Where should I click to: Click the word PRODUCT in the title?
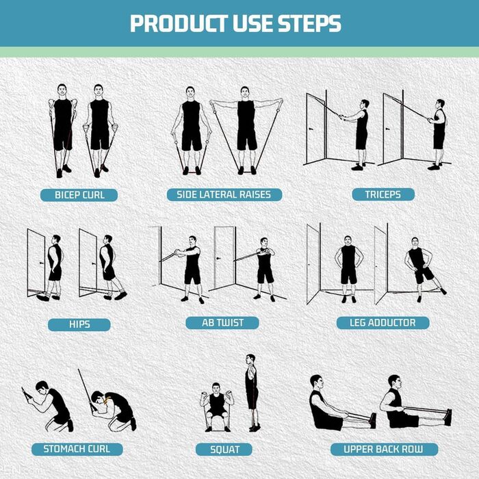pyautogui.click(x=179, y=23)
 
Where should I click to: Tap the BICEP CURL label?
pyautogui.click(x=79, y=195)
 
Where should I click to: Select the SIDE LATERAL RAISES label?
pyautogui.click(x=224, y=194)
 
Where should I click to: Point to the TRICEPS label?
pyautogui.click(x=383, y=194)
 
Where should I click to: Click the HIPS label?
pyautogui.click(x=79, y=324)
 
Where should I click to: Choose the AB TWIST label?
pyautogui.click(x=222, y=323)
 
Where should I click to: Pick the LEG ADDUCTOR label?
pyautogui.click(x=383, y=322)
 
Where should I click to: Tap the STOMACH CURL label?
pyautogui.click(x=77, y=449)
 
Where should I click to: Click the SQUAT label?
pyautogui.click(x=224, y=450)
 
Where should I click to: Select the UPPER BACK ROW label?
pyautogui.click(x=384, y=449)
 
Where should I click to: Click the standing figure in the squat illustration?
pyautogui.click(x=252, y=393)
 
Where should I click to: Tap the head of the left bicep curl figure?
pyautogui.click(x=62, y=90)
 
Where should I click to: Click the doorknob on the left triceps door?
pyautogui.click(x=311, y=129)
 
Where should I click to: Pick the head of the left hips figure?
pyautogui.click(x=56, y=239)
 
